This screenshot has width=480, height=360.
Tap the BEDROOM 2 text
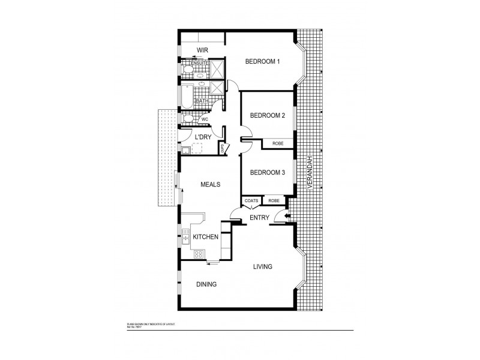point(267,116)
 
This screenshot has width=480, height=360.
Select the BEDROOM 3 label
point(267,173)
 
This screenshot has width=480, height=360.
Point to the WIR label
point(202,50)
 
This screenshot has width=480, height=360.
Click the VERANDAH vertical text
point(310,173)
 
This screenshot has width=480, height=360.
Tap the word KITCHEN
point(205,238)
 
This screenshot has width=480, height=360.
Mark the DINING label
point(206,284)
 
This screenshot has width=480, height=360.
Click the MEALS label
point(210,185)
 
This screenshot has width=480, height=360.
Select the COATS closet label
point(251,201)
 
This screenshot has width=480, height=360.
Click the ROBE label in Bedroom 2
point(278,143)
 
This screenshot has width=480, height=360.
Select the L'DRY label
point(203,137)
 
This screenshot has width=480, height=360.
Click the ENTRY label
point(259,217)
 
